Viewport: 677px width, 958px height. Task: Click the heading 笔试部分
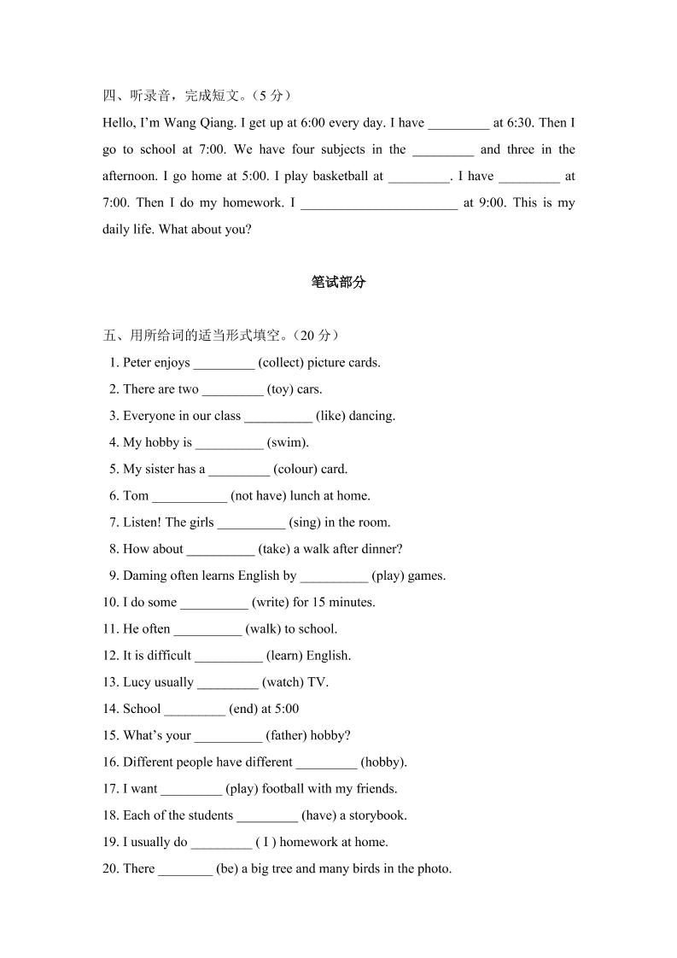[x=338, y=283]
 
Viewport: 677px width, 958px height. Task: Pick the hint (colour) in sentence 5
[x=295, y=470]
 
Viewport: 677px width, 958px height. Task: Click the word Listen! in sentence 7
[x=143, y=523]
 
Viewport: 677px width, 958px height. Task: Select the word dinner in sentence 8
[x=382, y=549]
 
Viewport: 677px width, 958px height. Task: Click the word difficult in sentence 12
[x=166, y=656]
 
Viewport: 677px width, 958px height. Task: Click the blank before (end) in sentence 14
[x=195, y=709]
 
